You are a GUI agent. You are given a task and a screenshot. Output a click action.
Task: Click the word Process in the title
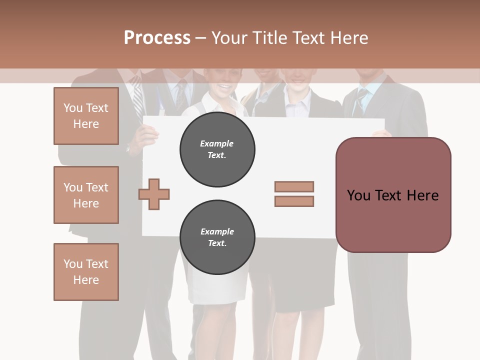tap(157, 37)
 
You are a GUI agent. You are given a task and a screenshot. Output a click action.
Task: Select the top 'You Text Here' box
tap(86, 116)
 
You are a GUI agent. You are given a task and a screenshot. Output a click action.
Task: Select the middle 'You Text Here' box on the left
tap(86, 195)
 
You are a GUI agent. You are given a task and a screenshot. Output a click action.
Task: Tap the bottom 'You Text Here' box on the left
tap(86, 272)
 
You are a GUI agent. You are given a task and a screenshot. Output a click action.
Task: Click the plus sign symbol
tap(154, 194)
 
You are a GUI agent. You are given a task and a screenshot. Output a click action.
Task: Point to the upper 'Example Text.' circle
tap(217, 149)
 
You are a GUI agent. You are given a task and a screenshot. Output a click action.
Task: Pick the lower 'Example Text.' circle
tap(217, 237)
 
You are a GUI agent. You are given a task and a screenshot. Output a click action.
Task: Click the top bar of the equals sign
tap(294, 186)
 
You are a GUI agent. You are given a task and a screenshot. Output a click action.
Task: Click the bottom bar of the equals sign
tap(294, 201)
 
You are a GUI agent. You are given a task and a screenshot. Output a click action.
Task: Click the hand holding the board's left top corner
tap(147, 131)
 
